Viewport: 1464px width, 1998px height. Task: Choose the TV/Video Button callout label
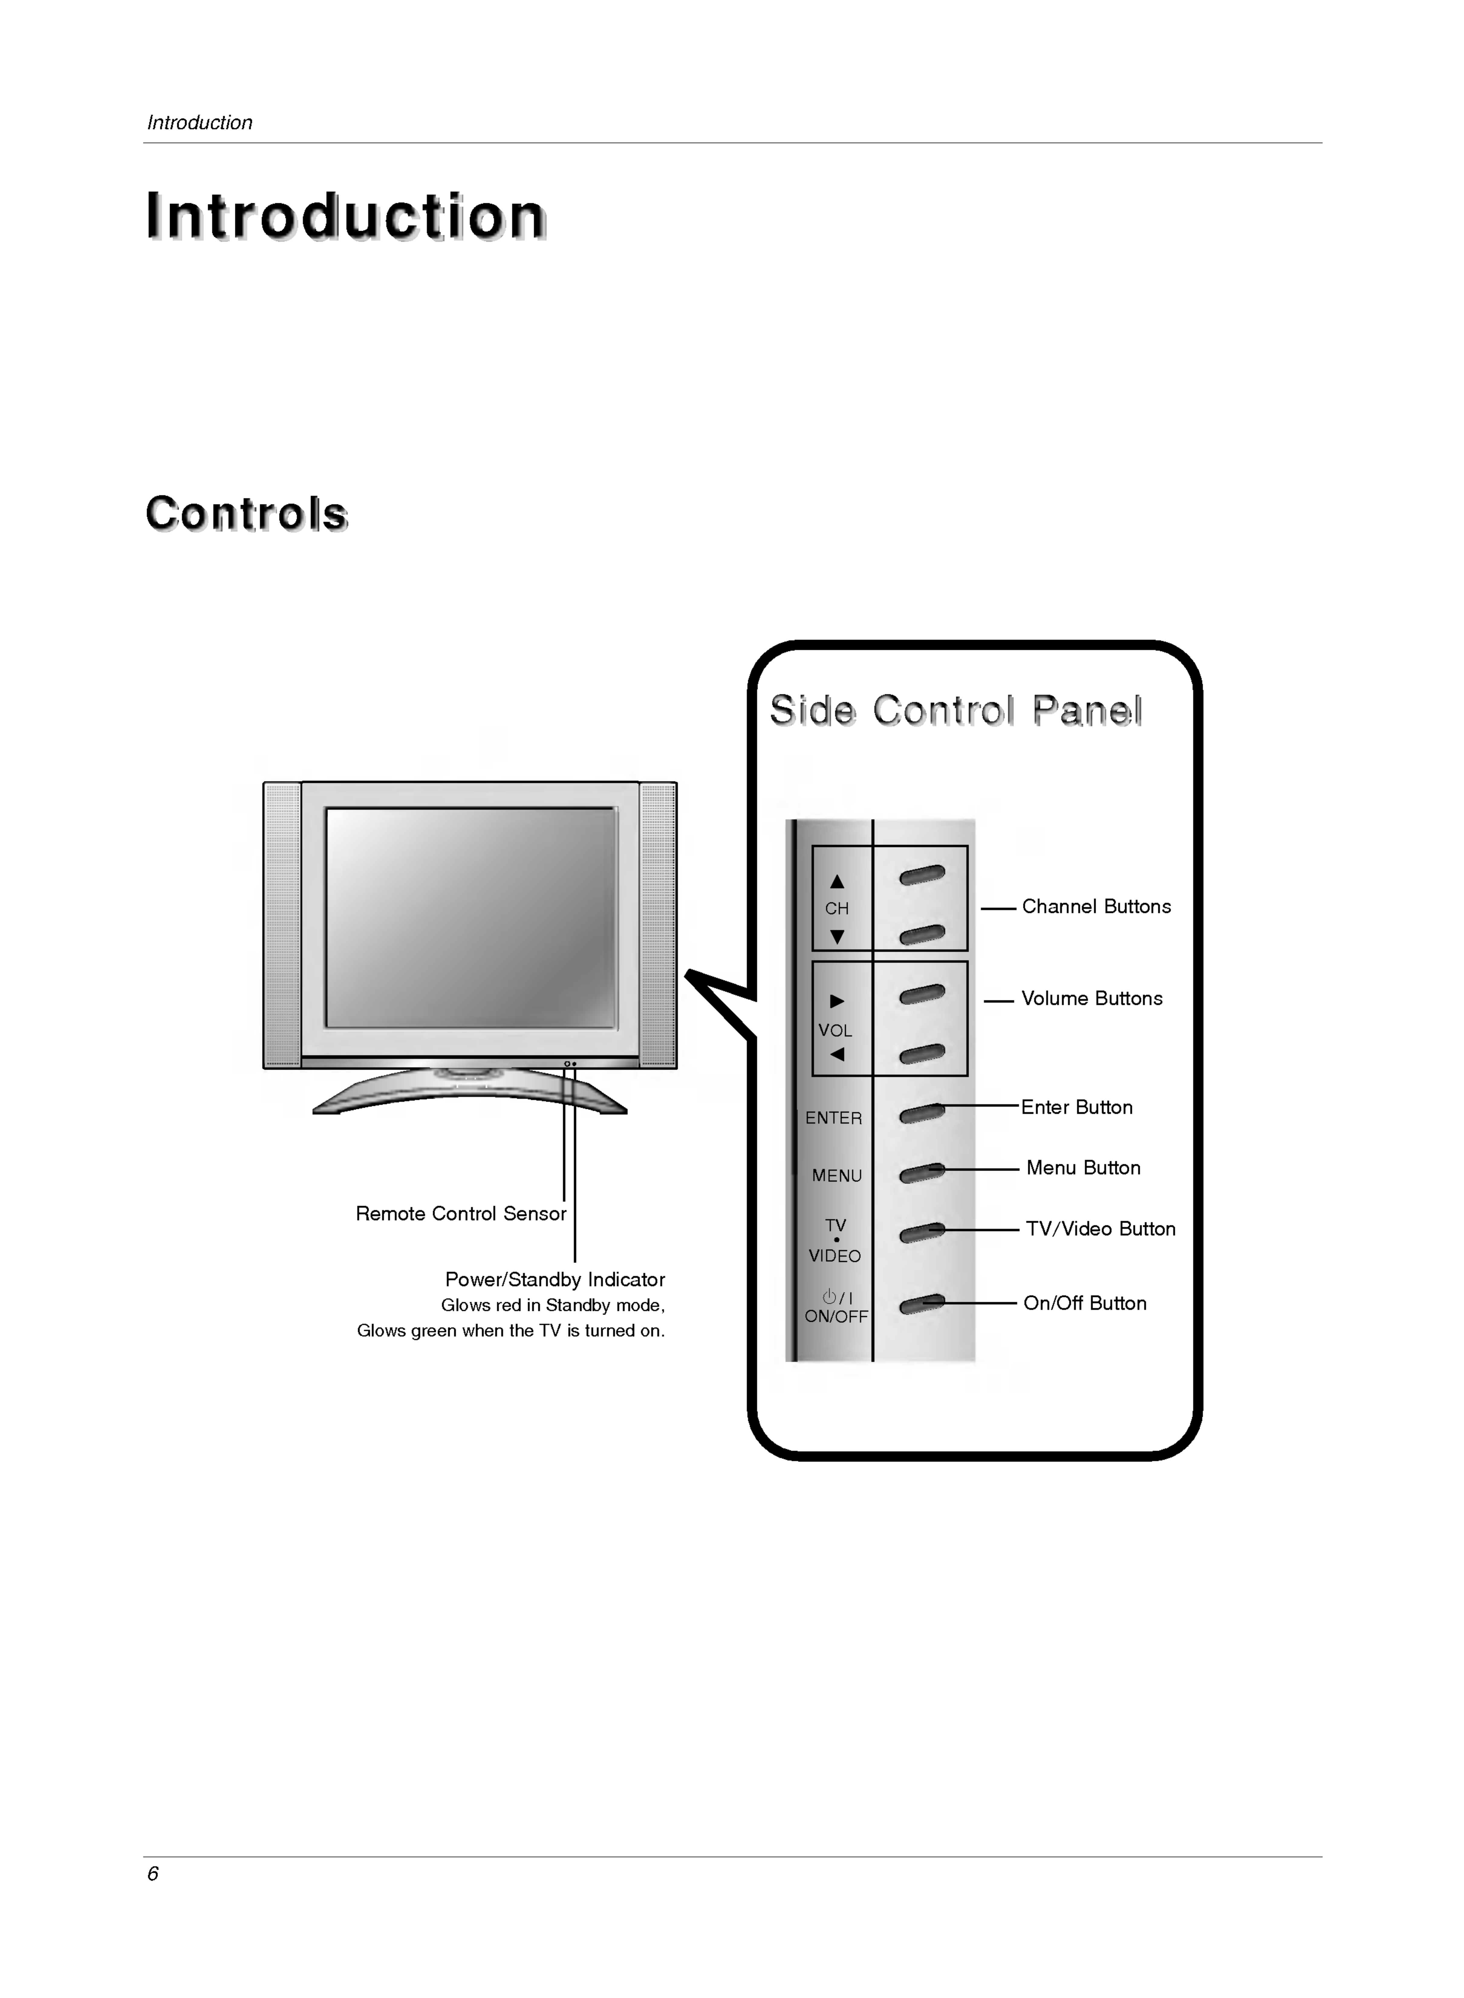click(x=1100, y=1229)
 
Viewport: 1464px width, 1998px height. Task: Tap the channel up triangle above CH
click(x=837, y=882)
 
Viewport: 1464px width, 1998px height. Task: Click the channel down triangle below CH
click(x=837, y=936)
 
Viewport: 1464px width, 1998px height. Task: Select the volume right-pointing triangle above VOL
click(x=837, y=1001)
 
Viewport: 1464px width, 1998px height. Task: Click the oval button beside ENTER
click(x=922, y=1113)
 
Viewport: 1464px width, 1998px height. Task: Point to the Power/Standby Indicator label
click(x=555, y=1279)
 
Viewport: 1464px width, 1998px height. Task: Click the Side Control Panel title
click(x=955, y=711)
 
